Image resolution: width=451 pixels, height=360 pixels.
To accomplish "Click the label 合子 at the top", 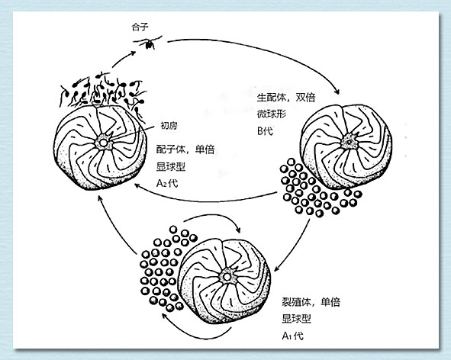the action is coord(140,27).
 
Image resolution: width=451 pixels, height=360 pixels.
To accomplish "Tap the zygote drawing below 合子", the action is coord(148,43).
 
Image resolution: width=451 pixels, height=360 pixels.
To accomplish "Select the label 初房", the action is coord(169,126).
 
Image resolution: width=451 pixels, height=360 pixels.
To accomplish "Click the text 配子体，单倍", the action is coord(185,149).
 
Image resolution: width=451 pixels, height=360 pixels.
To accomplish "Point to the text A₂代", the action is coord(167,183).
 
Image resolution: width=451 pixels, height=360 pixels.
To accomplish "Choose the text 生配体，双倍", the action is coord(286,98).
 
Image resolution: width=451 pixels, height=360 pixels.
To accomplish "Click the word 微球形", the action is coord(272,114).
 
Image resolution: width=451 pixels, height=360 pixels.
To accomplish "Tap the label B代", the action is coord(265,131).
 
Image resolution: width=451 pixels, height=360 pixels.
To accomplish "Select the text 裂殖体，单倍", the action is coord(311,302).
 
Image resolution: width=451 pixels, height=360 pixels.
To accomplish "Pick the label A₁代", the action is coord(292,336).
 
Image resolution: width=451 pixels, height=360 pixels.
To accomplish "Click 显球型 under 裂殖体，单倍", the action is coord(296,319).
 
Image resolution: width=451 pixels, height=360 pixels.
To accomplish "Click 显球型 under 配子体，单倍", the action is coord(171,166).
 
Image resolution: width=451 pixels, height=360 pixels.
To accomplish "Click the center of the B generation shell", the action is coord(349,141).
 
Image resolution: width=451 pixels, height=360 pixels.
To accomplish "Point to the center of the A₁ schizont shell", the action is coord(227,277).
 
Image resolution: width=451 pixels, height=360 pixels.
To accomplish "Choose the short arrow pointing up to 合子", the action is coord(124,59).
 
